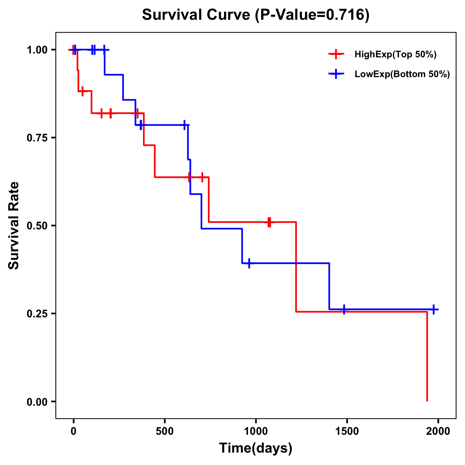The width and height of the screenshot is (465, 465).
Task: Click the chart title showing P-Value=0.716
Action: click(x=256, y=15)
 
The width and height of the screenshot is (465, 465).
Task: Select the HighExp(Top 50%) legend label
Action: click(x=395, y=55)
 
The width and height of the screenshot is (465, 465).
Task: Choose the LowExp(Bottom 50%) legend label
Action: click(x=402, y=74)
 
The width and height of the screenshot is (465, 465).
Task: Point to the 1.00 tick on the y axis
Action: click(x=37, y=50)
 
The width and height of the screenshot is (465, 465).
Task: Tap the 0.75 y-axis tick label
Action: click(x=37, y=138)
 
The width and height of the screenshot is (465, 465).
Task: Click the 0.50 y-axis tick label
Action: click(x=37, y=226)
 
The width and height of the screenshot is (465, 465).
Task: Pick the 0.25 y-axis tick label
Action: click(x=37, y=314)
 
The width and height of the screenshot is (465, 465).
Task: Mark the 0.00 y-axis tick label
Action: click(x=37, y=402)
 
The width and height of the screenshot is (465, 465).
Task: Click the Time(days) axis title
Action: click(x=256, y=448)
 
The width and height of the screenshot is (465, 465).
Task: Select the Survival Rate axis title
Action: click(x=14, y=226)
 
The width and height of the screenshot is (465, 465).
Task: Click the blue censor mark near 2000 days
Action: click(x=434, y=309)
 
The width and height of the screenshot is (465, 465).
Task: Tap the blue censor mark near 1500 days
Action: click(x=344, y=309)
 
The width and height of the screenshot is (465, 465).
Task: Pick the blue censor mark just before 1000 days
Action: click(x=249, y=263)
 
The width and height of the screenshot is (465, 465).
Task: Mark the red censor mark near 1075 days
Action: click(x=269, y=222)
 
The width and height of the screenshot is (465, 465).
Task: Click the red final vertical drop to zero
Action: click(x=427, y=356)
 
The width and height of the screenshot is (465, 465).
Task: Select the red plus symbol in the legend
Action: click(x=336, y=55)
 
